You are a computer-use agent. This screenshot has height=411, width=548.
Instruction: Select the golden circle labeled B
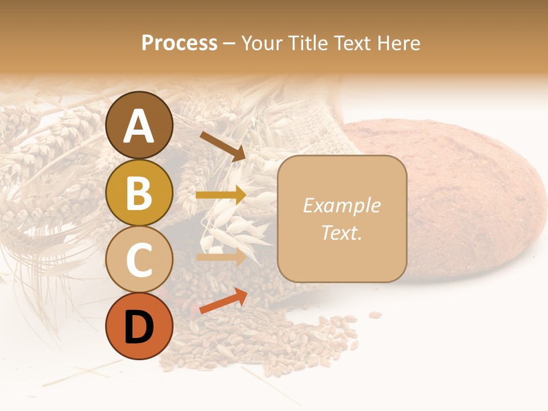[139, 193]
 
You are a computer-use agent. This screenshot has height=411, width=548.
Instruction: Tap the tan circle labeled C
[139, 260]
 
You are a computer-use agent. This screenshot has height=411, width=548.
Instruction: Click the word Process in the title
[179, 43]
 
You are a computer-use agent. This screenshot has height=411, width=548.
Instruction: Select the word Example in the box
[341, 205]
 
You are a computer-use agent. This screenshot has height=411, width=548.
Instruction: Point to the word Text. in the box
[341, 232]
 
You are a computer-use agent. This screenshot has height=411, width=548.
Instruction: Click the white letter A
[139, 127]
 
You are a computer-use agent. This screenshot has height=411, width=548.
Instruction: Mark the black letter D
[139, 328]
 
